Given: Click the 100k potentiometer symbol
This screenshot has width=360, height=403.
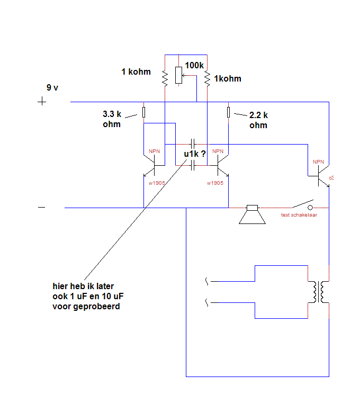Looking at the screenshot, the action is [x=178, y=75].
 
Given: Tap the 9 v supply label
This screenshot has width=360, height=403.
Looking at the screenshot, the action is [x=52, y=87].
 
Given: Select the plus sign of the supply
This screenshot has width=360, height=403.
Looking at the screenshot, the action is [x=42, y=102].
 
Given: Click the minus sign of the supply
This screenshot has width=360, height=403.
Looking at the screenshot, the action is [x=42, y=207].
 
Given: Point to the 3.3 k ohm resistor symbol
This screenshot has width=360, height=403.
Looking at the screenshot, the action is [x=143, y=112].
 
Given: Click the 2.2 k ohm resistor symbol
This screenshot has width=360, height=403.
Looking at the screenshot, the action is [x=228, y=112].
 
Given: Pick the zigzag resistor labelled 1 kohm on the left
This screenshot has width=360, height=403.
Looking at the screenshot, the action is [x=165, y=79].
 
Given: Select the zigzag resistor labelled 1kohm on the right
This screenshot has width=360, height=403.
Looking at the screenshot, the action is [x=207, y=79].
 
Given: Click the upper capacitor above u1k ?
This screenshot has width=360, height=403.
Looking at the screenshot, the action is [x=193, y=144].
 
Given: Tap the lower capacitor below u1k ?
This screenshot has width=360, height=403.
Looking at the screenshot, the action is [x=193, y=165].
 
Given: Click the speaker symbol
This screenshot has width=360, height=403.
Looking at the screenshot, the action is [x=252, y=214].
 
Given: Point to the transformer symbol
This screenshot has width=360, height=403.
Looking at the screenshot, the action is [x=319, y=292].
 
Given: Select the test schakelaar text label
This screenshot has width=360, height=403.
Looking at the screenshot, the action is [x=299, y=215].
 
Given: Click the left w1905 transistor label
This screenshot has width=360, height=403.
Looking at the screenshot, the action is [x=157, y=183].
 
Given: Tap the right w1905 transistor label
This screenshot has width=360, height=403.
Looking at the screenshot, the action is [x=215, y=183].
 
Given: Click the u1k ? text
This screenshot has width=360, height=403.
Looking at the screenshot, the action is [x=195, y=154].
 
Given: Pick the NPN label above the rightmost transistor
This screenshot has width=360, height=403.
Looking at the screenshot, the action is [x=318, y=162].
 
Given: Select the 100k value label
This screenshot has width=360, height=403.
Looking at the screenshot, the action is [x=194, y=65].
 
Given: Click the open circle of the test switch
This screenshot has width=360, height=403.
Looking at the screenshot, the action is [x=310, y=208].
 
